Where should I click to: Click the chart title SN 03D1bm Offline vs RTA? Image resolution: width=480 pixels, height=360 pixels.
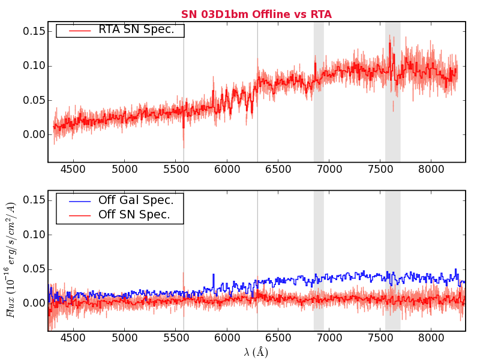click(x=256, y=14)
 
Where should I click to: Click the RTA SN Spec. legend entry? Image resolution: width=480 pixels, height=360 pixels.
click(x=140, y=30)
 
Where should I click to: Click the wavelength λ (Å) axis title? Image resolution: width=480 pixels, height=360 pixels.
click(x=256, y=352)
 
